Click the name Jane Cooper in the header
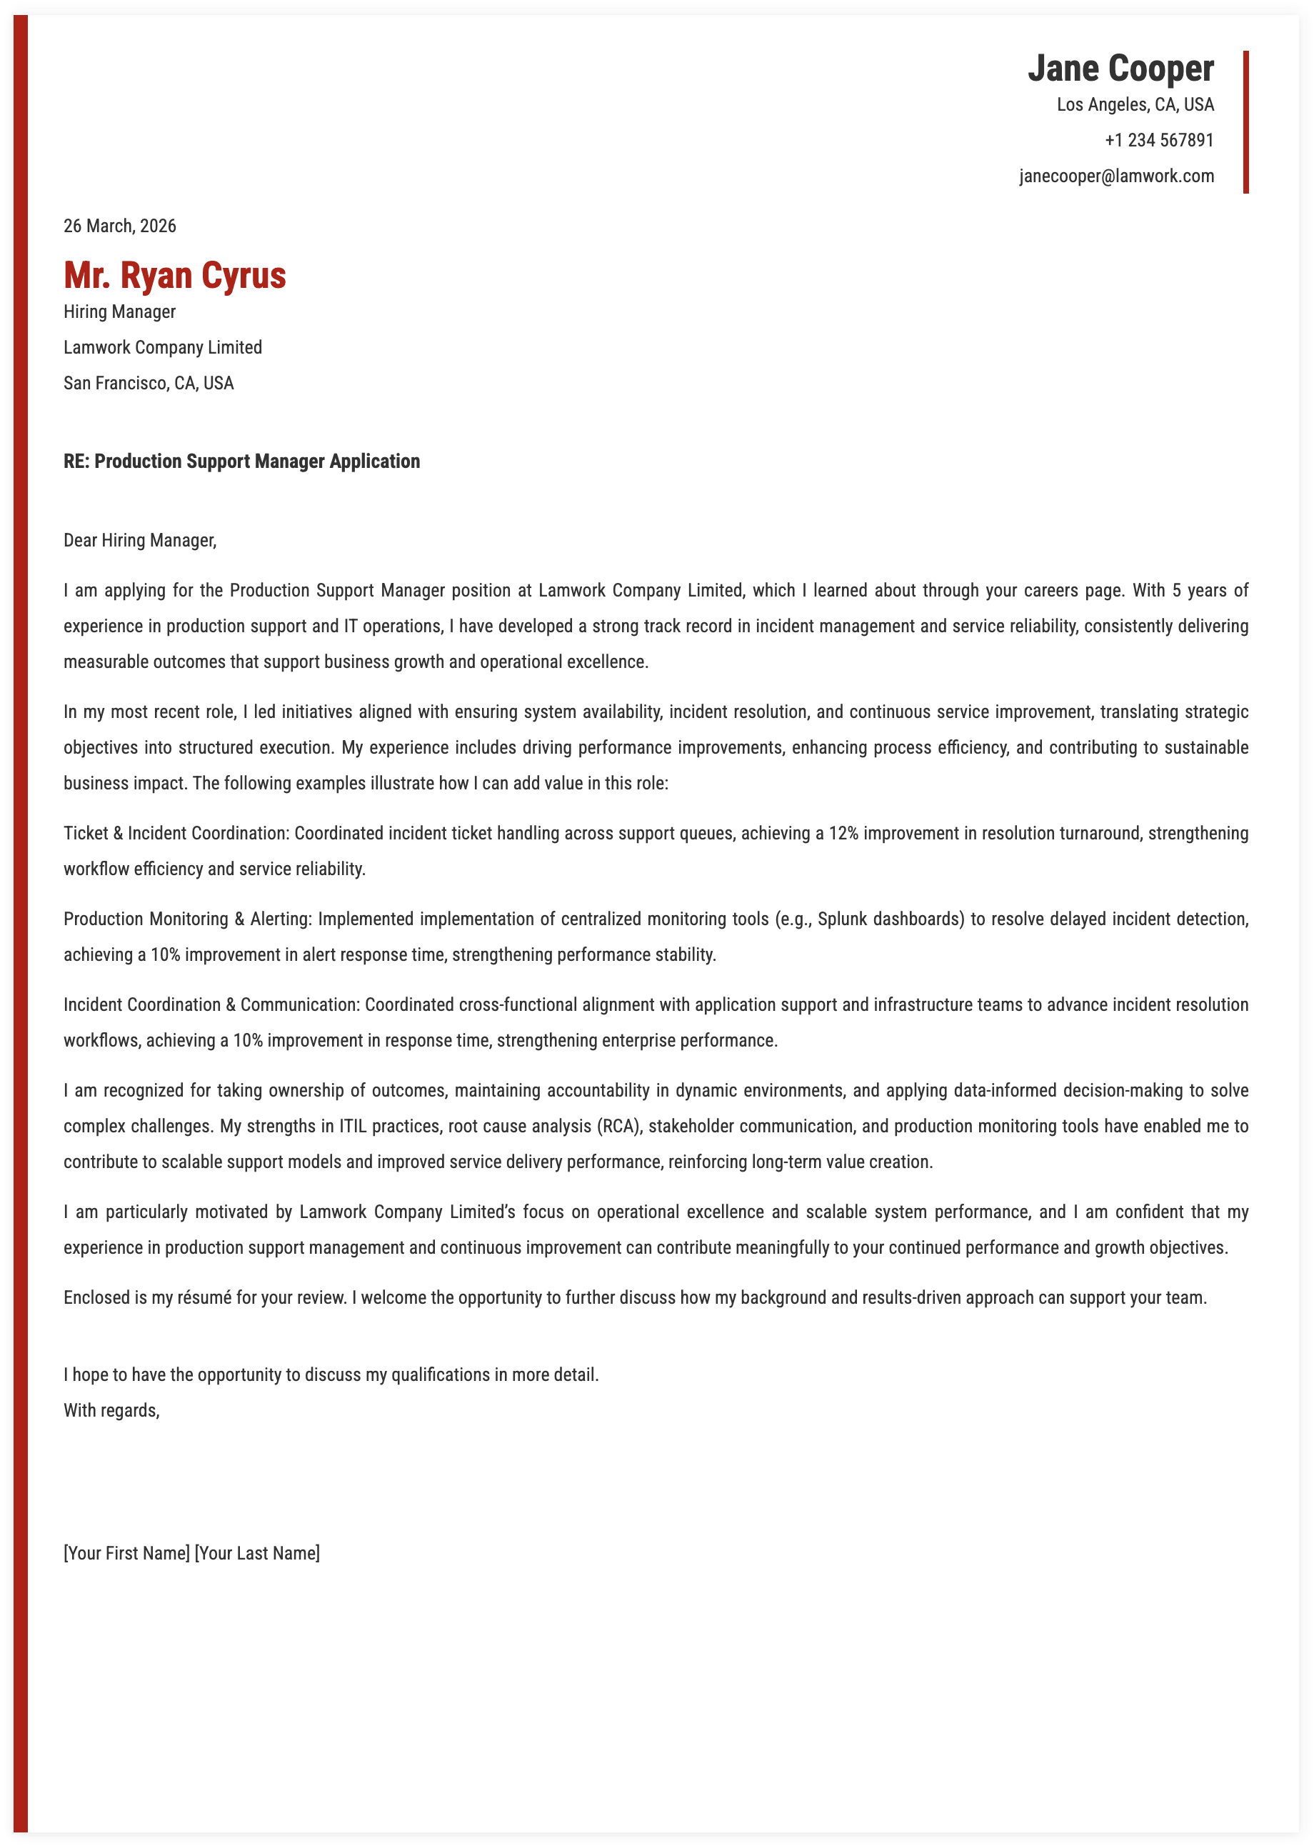point(1120,69)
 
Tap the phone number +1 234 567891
point(1158,140)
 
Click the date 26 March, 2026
point(120,226)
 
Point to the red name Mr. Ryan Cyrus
point(175,275)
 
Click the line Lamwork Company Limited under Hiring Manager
point(163,347)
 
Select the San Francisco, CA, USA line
point(148,383)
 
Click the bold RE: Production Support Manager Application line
point(241,461)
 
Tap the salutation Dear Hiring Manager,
point(140,540)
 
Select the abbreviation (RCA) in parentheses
point(620,1126)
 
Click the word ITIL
point(353,1126)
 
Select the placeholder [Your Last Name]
point(257,1553)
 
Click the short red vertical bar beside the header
point(1245,122)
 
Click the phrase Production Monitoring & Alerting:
point(188,919)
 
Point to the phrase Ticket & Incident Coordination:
point(176,833)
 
